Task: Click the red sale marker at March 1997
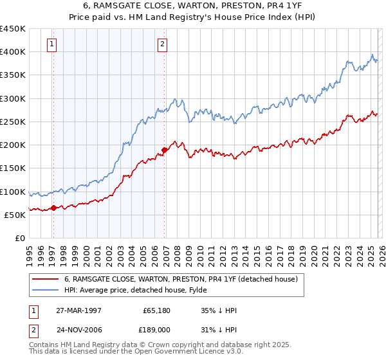[53, 207]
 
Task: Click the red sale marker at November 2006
[164, 150]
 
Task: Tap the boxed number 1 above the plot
[51, 44]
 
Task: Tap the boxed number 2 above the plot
[162, 44]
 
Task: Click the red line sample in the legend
[46, 280]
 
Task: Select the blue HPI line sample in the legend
[46, 291]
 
